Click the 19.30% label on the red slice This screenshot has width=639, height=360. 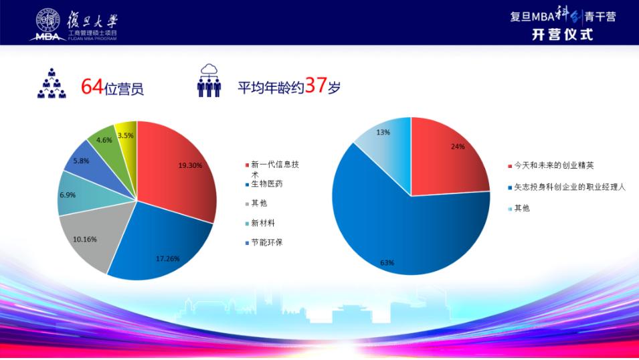click(x=190, y=165)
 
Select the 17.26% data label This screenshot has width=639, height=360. click(x=167, y=258)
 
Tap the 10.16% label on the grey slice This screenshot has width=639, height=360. click(x=85, y=240)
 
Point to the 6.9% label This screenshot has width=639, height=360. click(x=68, y=195)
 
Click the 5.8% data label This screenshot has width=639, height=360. click(x=81, y=161)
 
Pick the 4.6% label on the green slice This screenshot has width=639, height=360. click(x=104, y=140)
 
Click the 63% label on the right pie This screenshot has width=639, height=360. click(x=387, y=262)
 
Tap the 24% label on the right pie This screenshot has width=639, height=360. click(x=458, y=147)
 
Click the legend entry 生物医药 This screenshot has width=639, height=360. click(x=264, y=184)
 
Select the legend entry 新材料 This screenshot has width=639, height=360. click(x=260, y=223)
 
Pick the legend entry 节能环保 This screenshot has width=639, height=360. click(x=264, y=243)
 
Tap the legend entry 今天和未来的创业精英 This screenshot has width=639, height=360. click(x=551, y=165)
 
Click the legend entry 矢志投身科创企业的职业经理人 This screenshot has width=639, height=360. click(x=567, y=187)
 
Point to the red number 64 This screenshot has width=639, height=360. click(x=92, y=86)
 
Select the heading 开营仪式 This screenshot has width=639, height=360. click(x=562, y=35)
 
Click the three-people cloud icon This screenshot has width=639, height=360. click(x=209, y=81)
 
